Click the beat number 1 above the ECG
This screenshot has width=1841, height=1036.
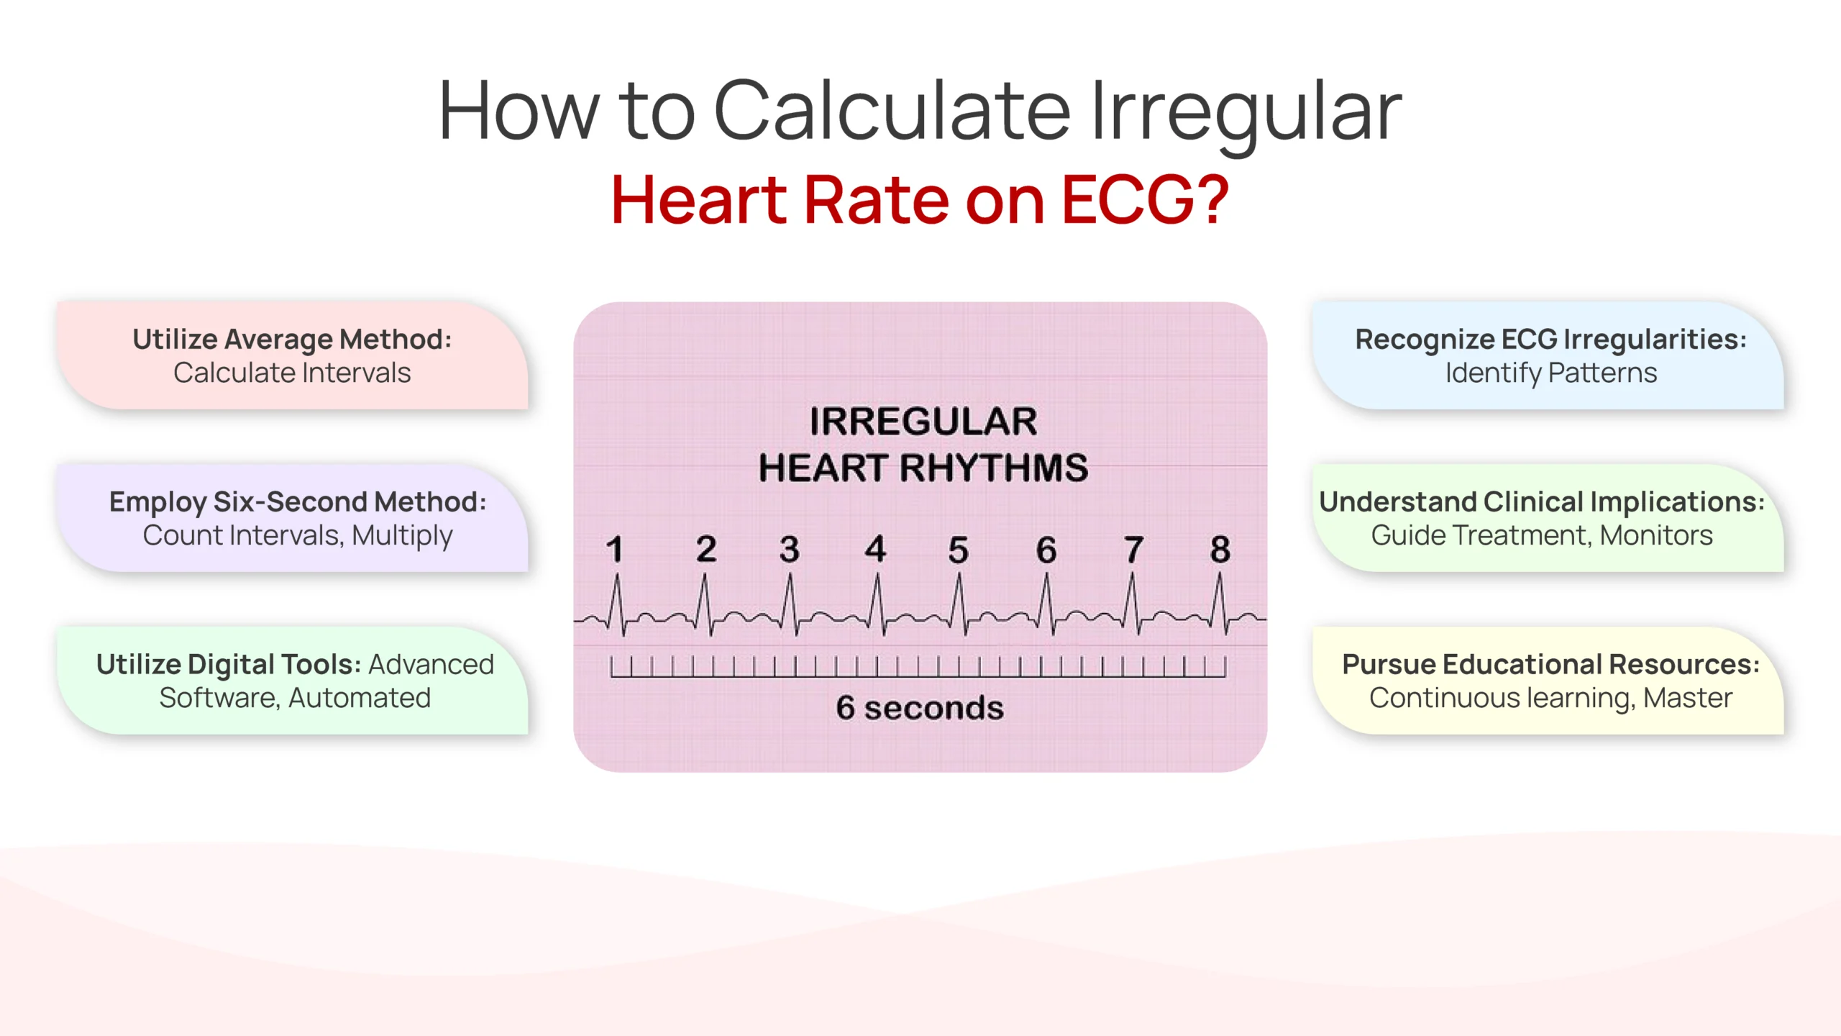coord(614,550)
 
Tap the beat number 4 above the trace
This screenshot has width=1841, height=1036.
coord(875,549)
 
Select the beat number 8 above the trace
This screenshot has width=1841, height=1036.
coord(1220,550)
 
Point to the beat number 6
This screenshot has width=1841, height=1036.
coord(1046,550)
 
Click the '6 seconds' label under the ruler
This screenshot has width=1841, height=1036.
coord(920,708)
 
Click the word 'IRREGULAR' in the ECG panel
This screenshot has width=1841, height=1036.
coord(923,422)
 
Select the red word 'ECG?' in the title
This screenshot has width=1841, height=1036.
coord(1145,200)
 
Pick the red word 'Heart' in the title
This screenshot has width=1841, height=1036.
coord(699,200)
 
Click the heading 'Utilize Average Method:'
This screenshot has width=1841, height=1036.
coord(292,339)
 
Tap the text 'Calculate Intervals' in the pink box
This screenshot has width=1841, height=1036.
coord(292,373)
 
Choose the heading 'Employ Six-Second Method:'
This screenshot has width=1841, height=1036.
coord(298,501)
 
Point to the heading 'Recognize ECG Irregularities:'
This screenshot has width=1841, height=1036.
coord(1550,339)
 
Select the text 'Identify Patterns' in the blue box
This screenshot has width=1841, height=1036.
coord(1550,373)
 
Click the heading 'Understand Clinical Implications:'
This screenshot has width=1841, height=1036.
coord(1542,501)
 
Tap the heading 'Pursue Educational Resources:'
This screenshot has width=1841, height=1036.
coord(1550,664)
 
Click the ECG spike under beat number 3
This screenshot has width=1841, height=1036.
coord(790,604)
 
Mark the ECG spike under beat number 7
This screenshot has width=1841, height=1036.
coord(1133,604)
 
